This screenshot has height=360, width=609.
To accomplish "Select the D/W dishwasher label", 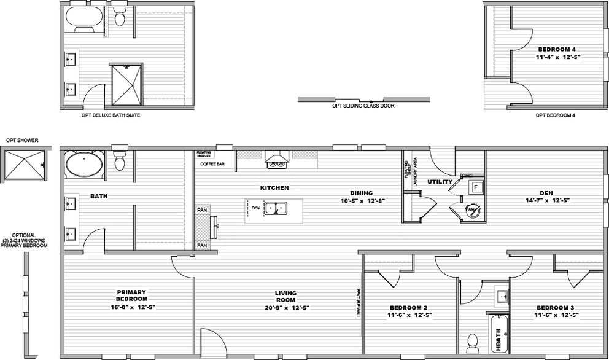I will tap(256, 208).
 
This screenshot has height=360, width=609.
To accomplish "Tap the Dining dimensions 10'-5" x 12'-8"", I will tap(362, 200).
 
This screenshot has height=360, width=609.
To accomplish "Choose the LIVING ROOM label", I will tap(285, 296).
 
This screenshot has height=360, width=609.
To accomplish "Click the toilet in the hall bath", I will tap(472, 340).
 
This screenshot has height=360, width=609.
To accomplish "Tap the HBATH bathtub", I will tap(498, 335).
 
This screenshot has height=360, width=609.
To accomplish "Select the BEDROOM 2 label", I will tap(408, 308).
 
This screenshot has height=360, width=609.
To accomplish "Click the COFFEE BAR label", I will tap(212, 164).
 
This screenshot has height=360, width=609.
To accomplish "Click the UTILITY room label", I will tap(440, 182).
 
